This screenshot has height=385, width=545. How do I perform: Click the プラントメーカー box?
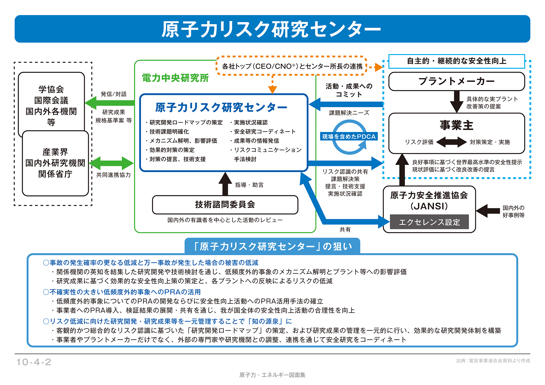tap(456, 81)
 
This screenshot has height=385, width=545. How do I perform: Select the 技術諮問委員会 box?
tap(225, 205)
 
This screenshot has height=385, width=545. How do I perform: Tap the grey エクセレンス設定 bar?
tap(429, 222)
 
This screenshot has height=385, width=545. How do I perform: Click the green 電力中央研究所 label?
tap(175, 78)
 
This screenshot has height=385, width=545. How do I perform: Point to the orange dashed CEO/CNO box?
tap(292, 66)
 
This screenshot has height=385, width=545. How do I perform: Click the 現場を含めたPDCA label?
tap(349, 137)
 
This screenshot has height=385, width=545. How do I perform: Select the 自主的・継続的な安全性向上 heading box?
tap(456, 61)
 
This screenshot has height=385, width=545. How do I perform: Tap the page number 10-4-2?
tap(34, 362)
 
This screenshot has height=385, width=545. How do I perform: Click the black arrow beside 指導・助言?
tap(225, 184)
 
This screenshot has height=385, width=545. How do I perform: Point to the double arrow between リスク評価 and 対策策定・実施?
tap(451, 142)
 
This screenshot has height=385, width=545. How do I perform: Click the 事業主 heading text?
tap(456, 125)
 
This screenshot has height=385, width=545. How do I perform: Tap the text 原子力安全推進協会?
tap(429, 195)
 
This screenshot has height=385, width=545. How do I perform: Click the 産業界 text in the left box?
tap(55, 152)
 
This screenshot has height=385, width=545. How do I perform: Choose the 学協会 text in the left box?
tap(51, 89)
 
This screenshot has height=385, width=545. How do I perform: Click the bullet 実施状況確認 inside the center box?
tap(250, 123)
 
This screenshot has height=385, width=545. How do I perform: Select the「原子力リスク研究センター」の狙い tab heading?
tap(272, 247)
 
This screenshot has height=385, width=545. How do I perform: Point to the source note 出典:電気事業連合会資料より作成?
tap(493, 361)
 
